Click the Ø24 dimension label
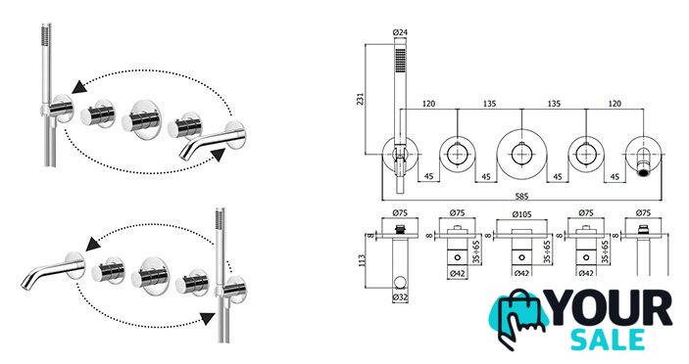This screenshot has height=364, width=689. tap(400, 32)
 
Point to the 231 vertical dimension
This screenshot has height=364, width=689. tap(360, 99)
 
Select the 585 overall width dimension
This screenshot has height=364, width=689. tap(521, 196)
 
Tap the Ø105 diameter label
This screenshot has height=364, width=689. tap(521, 214)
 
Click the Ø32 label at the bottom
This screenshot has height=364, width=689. tap(400, 297)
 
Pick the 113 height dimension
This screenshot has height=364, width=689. tap(362, 262)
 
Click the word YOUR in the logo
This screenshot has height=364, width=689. tap(611, 307)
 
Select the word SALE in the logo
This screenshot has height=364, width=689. tap(608, 339)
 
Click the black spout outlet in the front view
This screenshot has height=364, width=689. tap(644, 172)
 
